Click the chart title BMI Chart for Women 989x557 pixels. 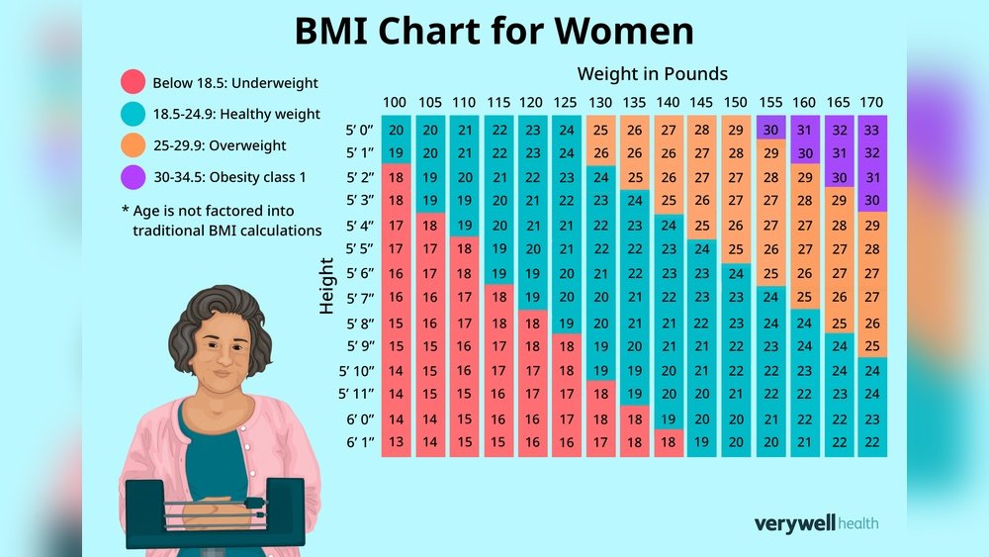(x=494, y=32)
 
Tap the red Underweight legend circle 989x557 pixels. (x=134, y=83)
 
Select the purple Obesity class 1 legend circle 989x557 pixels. (x=134, y=177)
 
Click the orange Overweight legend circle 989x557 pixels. (x=134, y=145)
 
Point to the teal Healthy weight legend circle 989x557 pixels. (x=134, y=115)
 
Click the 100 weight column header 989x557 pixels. (x=395, y=103)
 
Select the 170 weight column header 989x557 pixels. (x=871, y=103)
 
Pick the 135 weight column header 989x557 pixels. (x=634, y=103)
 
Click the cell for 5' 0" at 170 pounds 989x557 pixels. (x=871, y=130)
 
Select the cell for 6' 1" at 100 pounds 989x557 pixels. (x=395, y=441)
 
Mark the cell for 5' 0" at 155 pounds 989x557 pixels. (x=769, y=130)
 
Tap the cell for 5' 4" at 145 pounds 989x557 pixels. (x=701, y=226)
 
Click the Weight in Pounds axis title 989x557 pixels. (x=653, y=74)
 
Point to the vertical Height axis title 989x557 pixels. (x=328, y=287)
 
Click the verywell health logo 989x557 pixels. (x=816, y=523)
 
